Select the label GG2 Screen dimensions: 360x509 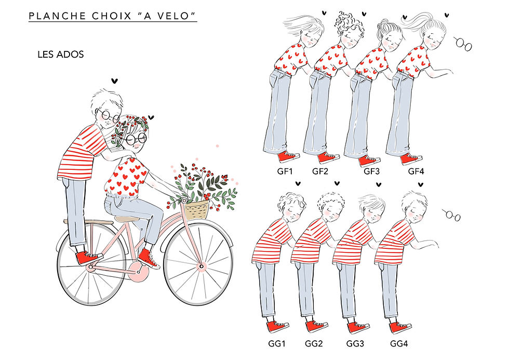click(x=314, y=343)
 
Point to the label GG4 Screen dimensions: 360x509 click(x=400, y=343)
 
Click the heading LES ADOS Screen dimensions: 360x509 click(x=61, y=54)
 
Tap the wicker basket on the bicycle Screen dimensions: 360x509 click(x=196, y=210)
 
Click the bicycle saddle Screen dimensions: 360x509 click(x=126, y=219)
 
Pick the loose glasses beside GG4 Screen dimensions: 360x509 click(x=451, y=214)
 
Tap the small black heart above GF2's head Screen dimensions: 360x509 click(x=365, y=14)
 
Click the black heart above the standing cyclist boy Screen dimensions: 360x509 click(x=115, y=81)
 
